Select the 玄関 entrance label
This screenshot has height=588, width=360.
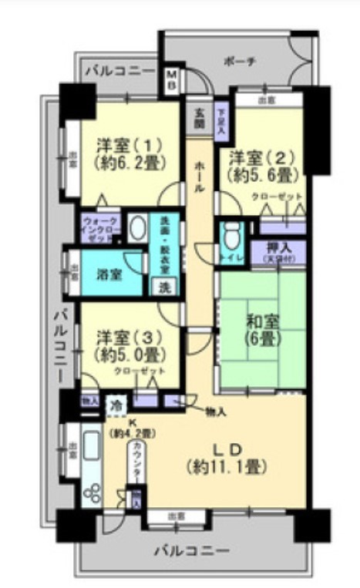[x=200, y=116]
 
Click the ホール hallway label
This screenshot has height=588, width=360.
[x=200, y=177]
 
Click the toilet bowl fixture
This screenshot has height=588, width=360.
[x=231, y=234]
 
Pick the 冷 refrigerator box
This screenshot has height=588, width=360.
[x=115, y=402]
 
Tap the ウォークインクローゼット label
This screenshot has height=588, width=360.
[x=99, y=229]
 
